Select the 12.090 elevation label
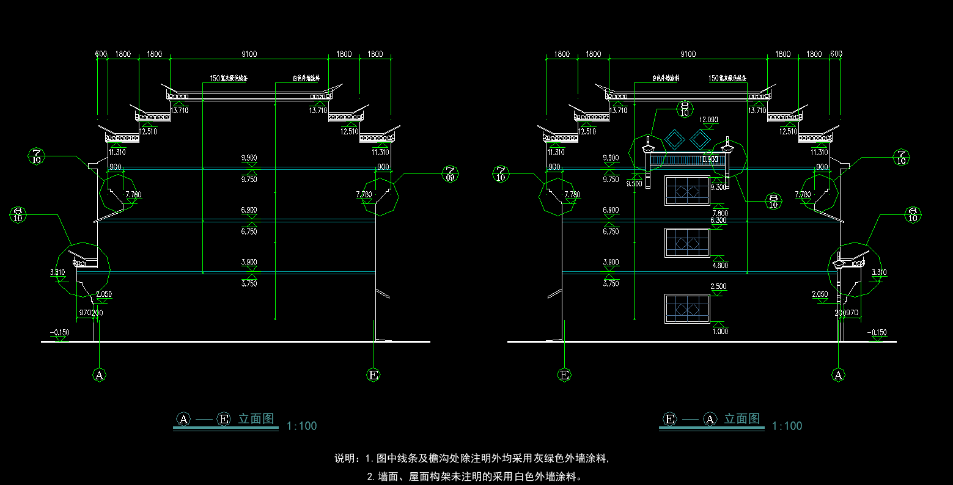click(708, 120)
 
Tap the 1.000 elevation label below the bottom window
click(719, 331)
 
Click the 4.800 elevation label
click(719, 266)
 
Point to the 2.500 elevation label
click(718, 286)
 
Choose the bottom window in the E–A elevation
click(688, 308)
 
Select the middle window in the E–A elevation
click(688, 242)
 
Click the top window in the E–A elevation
click(688, 191)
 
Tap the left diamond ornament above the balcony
click(675, 140)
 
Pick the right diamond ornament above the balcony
click(701, 140)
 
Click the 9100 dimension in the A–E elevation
click(249, 54)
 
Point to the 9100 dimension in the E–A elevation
click(688, 54)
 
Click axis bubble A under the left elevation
click(100, 374)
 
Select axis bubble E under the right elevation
click(565, 374)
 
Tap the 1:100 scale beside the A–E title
click(302, 426)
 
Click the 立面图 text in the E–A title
click(742, 419)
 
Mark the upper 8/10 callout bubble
click(685, 108)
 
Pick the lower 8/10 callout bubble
click(774, 201)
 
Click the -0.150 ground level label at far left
click(61, 333)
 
